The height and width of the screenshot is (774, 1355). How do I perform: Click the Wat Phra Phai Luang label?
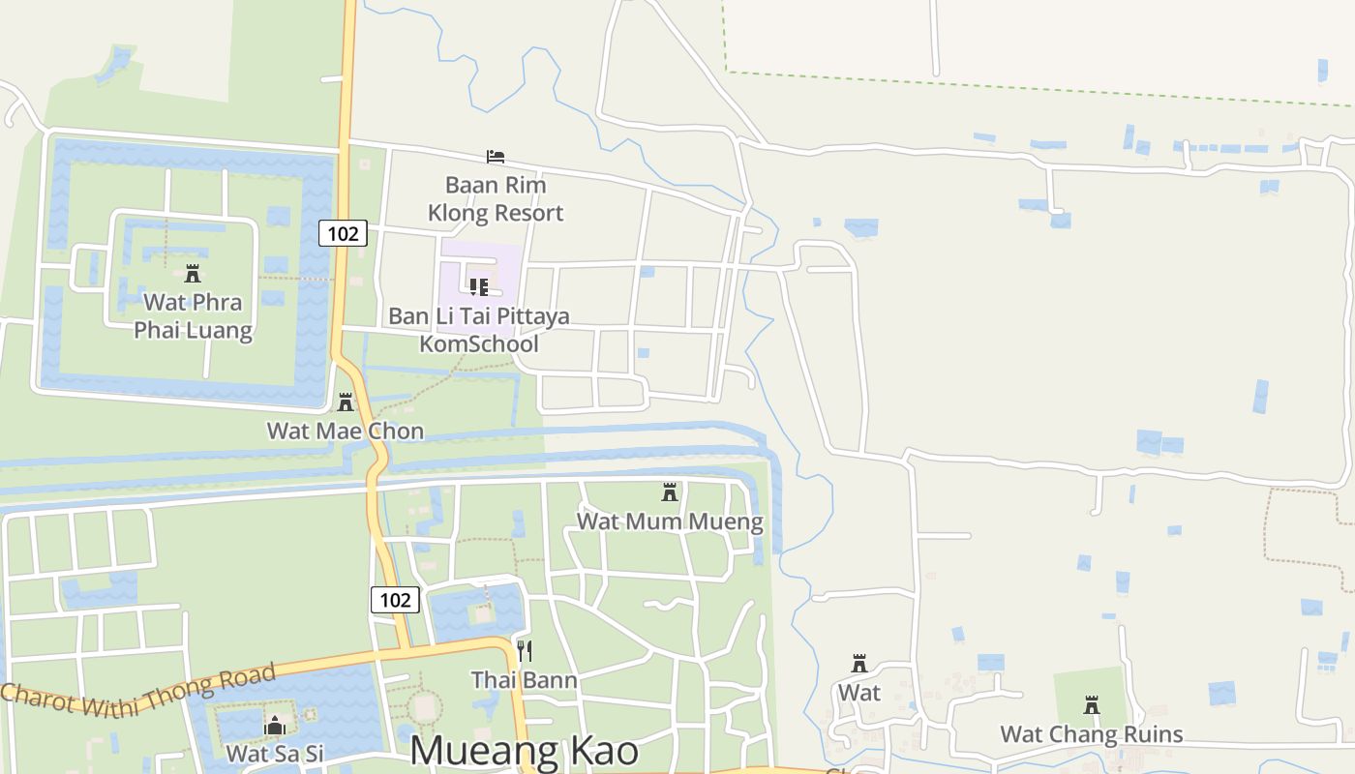coord(193,315)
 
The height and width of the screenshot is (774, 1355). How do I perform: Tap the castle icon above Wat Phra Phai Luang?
coord(193,274)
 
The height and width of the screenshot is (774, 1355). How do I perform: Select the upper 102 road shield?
coord(344,233)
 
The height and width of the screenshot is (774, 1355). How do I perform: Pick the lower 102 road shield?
coord(395,600)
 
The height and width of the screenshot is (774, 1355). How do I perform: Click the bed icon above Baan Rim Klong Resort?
coord(496,157)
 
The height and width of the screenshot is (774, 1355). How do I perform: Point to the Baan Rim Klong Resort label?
coord(496,198)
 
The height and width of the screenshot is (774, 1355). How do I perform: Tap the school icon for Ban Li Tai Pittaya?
coord(478,287)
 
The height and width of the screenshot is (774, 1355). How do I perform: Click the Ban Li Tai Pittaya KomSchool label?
coord(479,330)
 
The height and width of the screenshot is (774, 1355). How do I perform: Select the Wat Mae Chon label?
coord(346,431)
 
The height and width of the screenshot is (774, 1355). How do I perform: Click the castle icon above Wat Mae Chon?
coord(346,402)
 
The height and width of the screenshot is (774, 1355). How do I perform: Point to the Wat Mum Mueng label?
coord(670,521)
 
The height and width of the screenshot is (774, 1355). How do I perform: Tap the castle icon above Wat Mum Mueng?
coord(669,492)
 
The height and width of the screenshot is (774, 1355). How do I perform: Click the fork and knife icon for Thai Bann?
coord(524,650)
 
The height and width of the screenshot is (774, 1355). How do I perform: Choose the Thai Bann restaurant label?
coord(524,680)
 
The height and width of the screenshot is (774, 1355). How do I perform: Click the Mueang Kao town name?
coord(524,751)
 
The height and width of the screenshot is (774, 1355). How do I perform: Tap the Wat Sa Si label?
coord(274,753)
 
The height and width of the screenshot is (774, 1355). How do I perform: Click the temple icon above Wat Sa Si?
coord(275,726)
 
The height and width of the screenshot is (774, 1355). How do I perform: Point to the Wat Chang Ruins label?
coord(1091,734)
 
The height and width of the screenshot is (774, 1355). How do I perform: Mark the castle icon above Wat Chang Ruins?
coord(1092,705)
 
